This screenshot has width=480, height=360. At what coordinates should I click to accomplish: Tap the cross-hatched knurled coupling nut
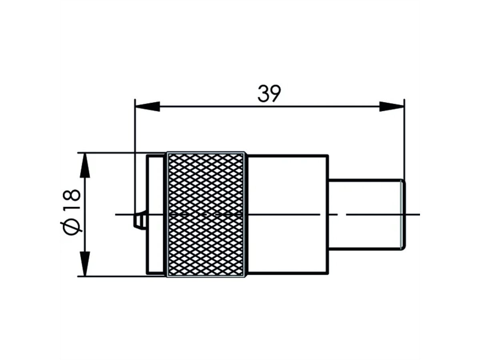click(x=206, y=214)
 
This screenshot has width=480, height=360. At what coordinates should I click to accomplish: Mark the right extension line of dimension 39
click(x=404, y=140)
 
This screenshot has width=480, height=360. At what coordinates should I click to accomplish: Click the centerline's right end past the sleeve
click(x=416, y=214)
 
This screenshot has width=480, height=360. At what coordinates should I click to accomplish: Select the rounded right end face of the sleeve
click(x=404, y=214)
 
